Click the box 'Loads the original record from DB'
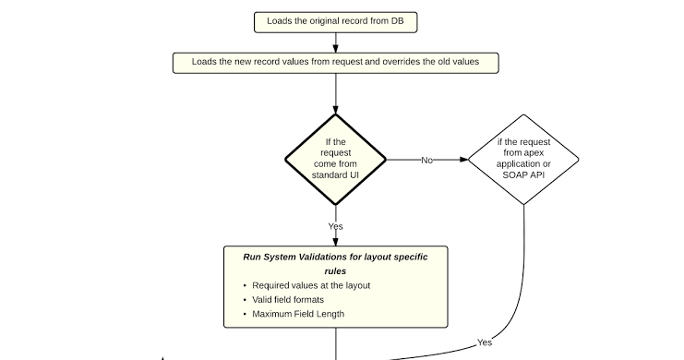[335, 21]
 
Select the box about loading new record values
[335, 63]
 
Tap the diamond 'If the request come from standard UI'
[335, 159]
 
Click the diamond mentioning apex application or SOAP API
[524, 159]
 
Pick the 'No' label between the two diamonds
[426, 160]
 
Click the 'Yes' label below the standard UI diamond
[336, 226]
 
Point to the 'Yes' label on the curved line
[484, 342]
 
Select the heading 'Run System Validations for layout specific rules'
[335, 264]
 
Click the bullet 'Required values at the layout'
[311, 285]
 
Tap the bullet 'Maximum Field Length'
[298, 314]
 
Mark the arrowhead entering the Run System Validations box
[336, 240]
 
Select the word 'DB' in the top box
[396, 21]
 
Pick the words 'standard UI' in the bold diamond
[335, 175]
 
